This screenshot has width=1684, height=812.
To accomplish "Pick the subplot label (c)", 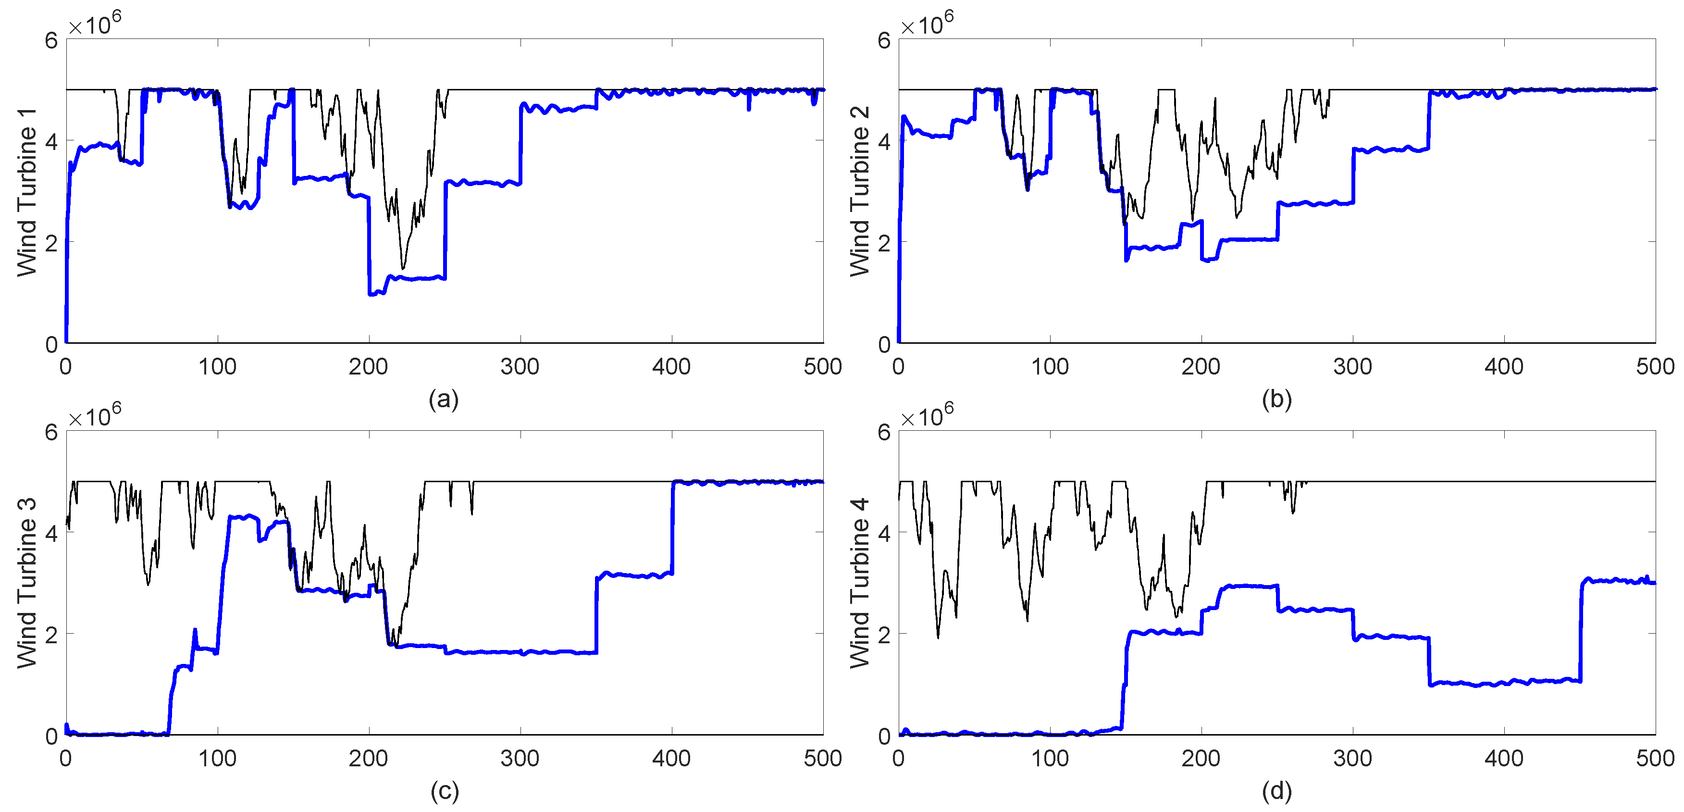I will (444, 790).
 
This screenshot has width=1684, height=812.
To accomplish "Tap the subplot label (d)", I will (1277, 790).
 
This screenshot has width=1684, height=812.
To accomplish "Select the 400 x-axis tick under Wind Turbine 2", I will (1504, 367).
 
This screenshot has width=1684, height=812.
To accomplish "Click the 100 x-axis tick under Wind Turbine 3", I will (217, 758).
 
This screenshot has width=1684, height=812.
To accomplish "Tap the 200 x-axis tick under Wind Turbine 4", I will (1201, 758).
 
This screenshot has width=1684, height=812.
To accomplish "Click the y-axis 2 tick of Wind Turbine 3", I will (51, 634).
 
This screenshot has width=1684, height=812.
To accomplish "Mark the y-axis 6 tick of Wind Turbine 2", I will (884, 40).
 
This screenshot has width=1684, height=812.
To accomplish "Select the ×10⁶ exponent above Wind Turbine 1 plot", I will (95, 24).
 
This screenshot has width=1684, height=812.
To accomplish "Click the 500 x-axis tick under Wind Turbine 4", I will (1655, 758).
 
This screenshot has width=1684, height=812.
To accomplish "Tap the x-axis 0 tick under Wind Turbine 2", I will (898, 367).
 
